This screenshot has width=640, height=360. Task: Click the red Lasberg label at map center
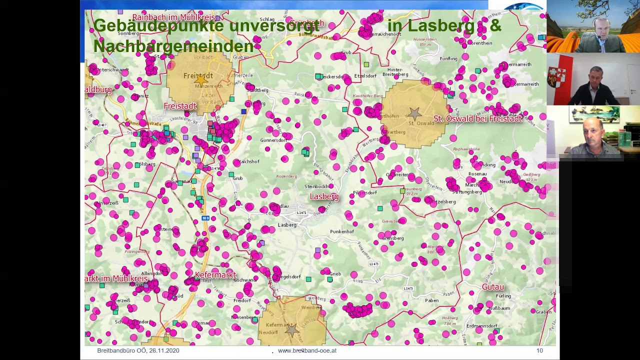tap(324, 196)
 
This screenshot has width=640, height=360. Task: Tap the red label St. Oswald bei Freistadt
tap(477, 118)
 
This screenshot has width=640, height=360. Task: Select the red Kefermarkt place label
tap(215, 275)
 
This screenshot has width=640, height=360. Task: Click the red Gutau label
tap(492, 287)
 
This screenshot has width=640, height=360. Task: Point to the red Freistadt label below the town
tap(180, 106)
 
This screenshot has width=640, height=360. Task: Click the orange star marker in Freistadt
tap(201, 79)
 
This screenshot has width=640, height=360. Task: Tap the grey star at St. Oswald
tap(414, 113)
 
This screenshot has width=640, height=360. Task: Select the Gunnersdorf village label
tap(273, 140)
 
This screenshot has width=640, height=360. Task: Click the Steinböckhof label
tap(316, 186)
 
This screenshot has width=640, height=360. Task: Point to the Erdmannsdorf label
tap(481, 326)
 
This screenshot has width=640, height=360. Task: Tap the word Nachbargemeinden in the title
tap(173, 46)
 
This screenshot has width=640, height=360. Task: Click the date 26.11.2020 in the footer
tap(162, 350)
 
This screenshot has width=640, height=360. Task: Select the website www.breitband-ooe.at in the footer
tap(307, 350)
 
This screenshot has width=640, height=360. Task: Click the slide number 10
tap(539, 350)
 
